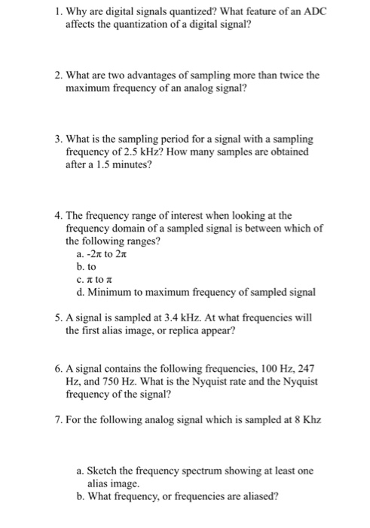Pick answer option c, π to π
click(x=94, y=280)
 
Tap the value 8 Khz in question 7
click(x=306, y=419)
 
